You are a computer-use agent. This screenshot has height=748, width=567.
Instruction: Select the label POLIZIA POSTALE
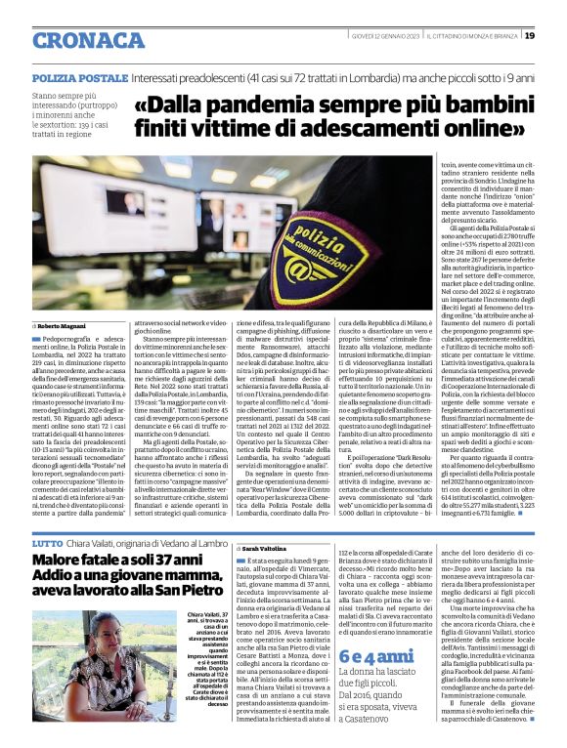[80, 76]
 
